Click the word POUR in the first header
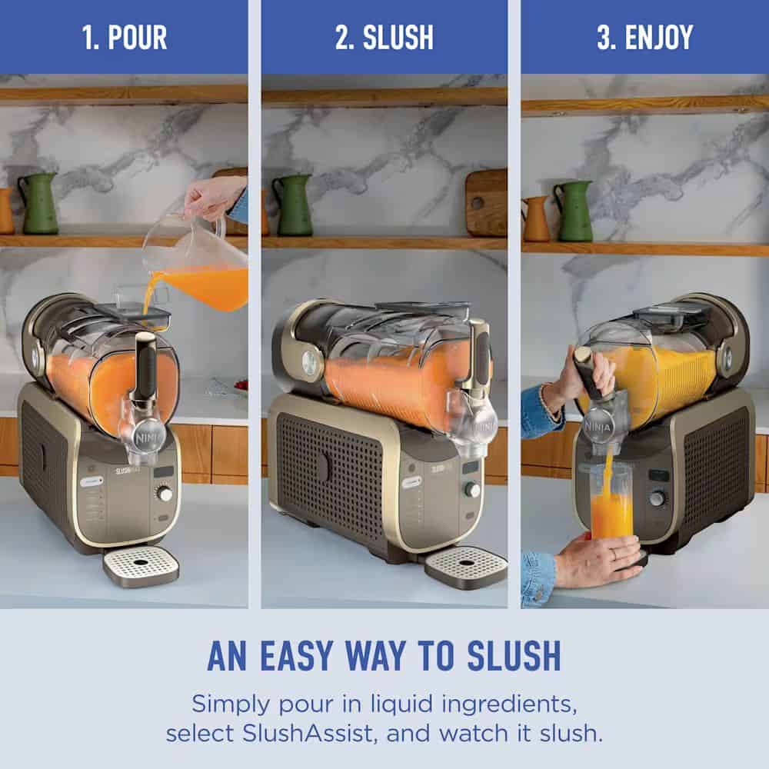pyautogui.click(x=138, y=37)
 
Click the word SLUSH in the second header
pyautogui.click(x=398, y=37)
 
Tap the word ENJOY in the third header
pyautogui.click(x=659, y=37)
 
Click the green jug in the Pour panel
pyautogui.click(x=38, y=203)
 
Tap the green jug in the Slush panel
pyautogui.click(x=293, y=205)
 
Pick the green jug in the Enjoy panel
pyautogui.click(x=573, y=211)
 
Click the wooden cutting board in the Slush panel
pyautogui.click(x=486, y=202)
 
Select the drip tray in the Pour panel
pyautogui.click(x=141, y=566)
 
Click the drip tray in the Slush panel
pyautogui.click(x=465, y=569)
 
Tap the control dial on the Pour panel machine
pyautogui.click(x=165, y=494)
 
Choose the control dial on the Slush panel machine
pyautogui.click(x=472, y=489)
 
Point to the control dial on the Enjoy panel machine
pyautogui.click(x=657, y=499)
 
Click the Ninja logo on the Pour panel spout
pyautogui.click(x=145, y=438)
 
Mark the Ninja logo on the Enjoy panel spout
pyautogui.click(x=598, y=427)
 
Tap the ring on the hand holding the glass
pyautogui.click(x=613, y=554)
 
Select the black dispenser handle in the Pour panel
pyautogui.click(x=145, y=366)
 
